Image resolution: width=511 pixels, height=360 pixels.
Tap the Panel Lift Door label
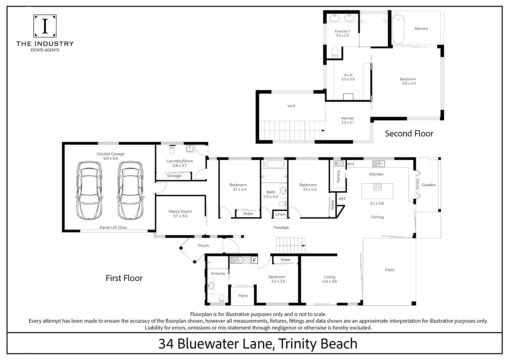(113, 227)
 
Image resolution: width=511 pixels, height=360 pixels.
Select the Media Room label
(180, 213)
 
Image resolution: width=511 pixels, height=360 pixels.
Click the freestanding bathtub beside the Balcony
(398, 29)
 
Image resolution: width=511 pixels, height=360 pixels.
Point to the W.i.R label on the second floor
(348, 77)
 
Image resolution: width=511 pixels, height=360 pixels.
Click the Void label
(291, 106)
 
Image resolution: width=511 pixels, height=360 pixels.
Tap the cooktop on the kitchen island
(377, 187)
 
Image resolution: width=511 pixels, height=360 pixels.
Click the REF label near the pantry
(342, 199)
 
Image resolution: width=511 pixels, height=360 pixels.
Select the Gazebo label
(428, 185)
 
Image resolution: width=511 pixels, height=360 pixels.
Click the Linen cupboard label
(280, 214)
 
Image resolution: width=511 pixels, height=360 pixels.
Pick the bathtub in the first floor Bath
(274, 164)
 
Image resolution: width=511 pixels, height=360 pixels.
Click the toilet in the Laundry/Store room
(172, 151)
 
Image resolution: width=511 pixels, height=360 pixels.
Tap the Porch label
(203, 246)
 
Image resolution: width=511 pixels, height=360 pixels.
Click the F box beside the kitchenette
(254, 260)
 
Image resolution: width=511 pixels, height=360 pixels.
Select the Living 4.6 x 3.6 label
(329, 279)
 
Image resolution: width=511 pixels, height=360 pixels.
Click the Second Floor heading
(409, 134)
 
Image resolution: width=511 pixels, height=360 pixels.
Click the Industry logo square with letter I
(45, 26)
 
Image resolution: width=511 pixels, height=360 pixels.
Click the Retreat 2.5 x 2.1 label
(347, 120)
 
